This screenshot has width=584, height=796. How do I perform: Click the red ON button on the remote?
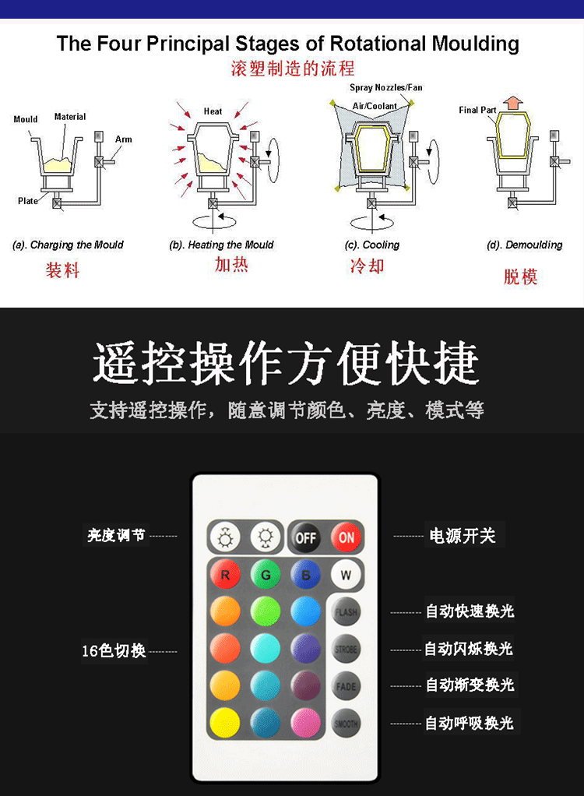coord(346,537)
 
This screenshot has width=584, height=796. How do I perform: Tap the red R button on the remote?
coord(225,576)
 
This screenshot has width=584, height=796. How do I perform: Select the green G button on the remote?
coord(266,576)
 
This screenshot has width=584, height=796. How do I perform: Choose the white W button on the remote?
coord(346,576)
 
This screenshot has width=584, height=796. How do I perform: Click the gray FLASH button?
coord(346,612)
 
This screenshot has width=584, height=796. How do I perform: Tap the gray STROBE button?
coord(346,649)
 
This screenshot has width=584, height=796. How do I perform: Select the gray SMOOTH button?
coord(346,723)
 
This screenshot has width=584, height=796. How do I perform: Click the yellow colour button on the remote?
coord(225,723)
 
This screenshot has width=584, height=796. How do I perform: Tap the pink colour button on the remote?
coord(306,723)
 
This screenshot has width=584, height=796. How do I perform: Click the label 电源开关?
coord(463,536)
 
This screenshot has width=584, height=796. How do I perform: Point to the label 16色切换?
coord(114,650)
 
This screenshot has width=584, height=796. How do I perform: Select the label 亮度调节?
coord(116,536)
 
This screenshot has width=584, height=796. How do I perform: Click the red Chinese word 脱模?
coord(520,276)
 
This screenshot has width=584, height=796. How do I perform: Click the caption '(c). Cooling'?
coord(371,245)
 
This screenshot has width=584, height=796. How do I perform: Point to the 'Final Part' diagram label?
coord(477,111)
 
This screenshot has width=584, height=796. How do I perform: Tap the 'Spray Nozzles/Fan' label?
coord(385,87)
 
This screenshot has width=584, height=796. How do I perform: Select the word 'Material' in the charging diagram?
coord(70,117)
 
